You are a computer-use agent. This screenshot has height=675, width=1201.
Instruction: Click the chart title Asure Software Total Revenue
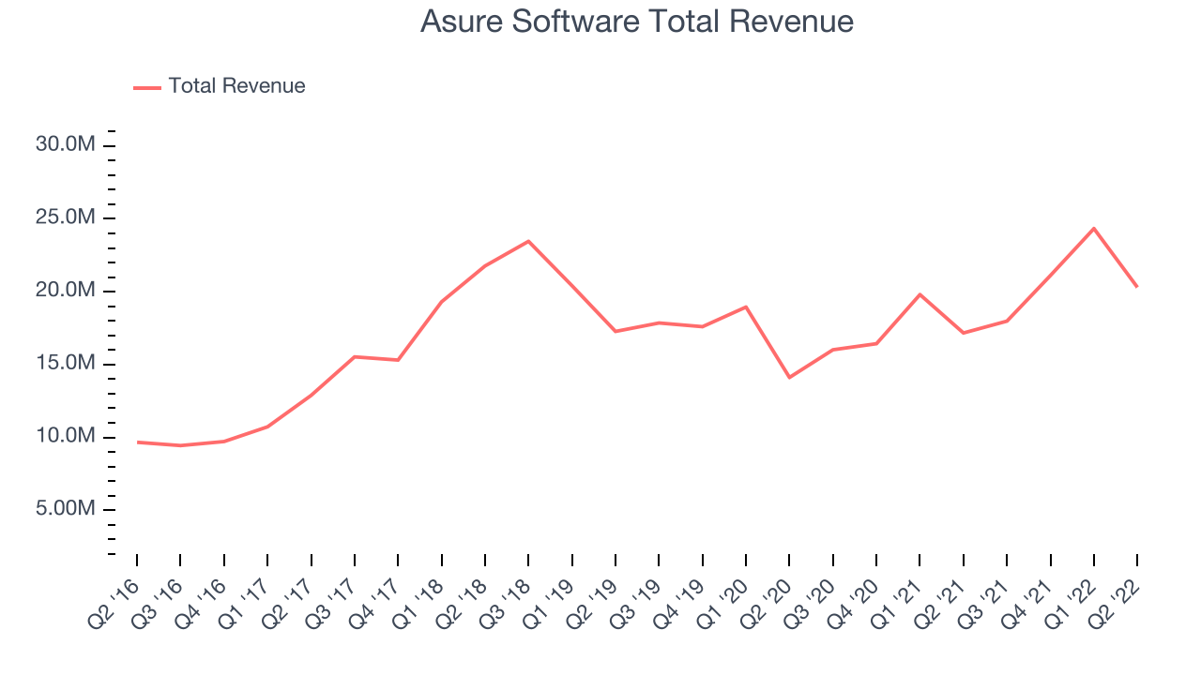[x=636, y=22]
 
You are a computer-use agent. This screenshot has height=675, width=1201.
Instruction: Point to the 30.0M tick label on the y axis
[x=66, y=144]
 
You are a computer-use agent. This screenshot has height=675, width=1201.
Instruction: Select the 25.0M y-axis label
[x=66, y=217]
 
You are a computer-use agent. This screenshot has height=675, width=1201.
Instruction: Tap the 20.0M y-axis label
[x=66, y=290]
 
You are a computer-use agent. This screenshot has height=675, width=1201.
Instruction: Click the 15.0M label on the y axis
[x=66, y=363]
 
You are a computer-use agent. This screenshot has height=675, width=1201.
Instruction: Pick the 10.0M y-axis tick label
[x=66, y=436]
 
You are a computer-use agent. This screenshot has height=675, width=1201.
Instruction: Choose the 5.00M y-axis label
[x=66, y=508]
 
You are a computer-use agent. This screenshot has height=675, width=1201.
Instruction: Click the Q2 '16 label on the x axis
[x=114, y=605]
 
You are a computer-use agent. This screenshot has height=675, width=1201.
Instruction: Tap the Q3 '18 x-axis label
[x=505, y=605]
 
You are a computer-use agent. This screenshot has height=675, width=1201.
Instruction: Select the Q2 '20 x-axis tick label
[x=766, y=605]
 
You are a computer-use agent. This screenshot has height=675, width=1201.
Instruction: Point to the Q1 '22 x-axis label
[x=1071, y=605]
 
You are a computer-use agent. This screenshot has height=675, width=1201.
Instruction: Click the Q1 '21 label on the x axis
[x=896, y=605]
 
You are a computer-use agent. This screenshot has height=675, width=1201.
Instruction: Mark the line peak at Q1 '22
[x=1094, y=229]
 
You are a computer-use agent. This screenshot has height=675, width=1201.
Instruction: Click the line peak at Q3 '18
[x=528, y=241]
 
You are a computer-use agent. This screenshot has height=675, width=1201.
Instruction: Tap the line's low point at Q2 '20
[x=789, y=378]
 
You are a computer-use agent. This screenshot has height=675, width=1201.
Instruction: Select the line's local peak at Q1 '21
[x=920, y=294]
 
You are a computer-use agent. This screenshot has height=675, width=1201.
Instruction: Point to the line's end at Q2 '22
[x=1137, y=287]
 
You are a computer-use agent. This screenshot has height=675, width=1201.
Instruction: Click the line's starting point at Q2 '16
[x=137, y=442]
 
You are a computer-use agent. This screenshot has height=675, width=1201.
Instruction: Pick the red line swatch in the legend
[x=147, y=88]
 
